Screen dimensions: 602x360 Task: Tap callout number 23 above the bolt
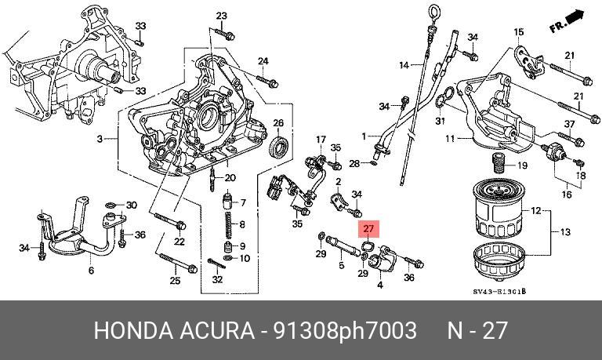point(221,16)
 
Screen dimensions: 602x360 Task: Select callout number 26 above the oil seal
point(277,123)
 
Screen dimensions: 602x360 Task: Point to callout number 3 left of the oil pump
point(100,140)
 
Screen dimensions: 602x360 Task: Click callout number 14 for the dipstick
point(404,64)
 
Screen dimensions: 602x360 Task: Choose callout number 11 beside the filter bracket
point(451,140)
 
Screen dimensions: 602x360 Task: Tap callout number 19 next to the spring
point(522,165)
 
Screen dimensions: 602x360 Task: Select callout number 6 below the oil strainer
point(91,271)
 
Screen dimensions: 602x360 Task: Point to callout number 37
point(570,125)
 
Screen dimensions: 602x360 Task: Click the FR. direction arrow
point(568,21)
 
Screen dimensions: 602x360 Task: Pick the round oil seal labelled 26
point(277,146)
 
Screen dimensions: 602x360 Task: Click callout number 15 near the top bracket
point(518,32)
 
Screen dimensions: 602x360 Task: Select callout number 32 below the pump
point(217,280)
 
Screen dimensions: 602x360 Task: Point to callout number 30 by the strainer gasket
point(132,205)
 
